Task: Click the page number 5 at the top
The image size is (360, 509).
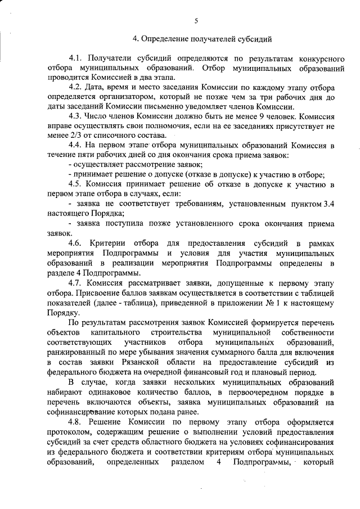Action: tap(196, 21)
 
